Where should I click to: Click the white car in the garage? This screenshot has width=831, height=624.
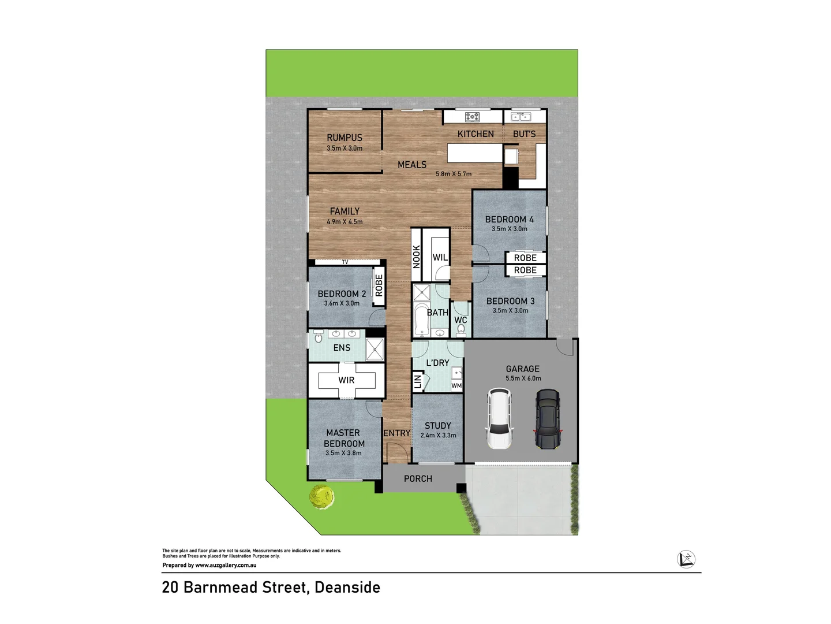tap(500, 419)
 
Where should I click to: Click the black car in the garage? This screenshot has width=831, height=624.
tap(547, 419)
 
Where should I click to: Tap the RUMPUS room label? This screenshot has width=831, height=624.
tap(345, 138)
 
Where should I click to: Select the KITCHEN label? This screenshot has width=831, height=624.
tap(476, 134)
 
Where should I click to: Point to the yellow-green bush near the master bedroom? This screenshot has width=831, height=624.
tap(321, 497)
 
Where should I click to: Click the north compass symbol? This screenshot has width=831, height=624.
tap(686, 559)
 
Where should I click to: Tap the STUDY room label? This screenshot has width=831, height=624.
tap(438, 425)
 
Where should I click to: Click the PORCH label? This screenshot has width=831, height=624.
tap(418, 479)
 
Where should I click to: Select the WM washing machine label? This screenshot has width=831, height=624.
tap(456, 386)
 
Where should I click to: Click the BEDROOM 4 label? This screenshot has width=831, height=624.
tap(509, 220)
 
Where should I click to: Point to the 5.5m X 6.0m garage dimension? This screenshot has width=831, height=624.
tap(523, 378)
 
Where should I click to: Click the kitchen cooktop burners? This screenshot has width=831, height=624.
tap(472, 117)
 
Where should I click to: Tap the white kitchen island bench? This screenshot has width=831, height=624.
tap(475, 153)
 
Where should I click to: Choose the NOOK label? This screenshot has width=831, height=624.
tap(417, 257)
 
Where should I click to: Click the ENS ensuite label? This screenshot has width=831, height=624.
tap(342, 348)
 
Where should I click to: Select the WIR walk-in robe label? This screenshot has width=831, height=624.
tap(346, 380)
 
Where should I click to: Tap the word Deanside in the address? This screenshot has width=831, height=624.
tap(347, 588)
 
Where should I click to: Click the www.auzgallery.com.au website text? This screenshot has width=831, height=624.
tap(226, 566)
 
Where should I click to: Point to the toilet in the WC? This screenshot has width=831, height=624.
tap(461, 330)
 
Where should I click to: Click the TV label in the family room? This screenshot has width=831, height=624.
tap(345, 262)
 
